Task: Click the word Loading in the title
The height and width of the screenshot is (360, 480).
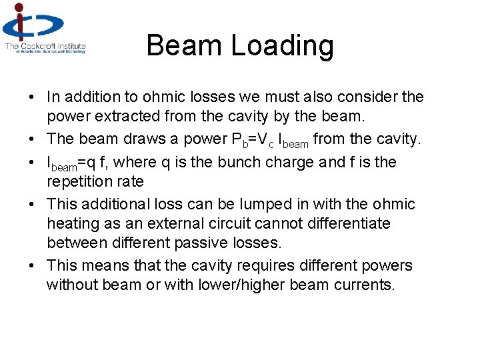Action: (x=283, y=46)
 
